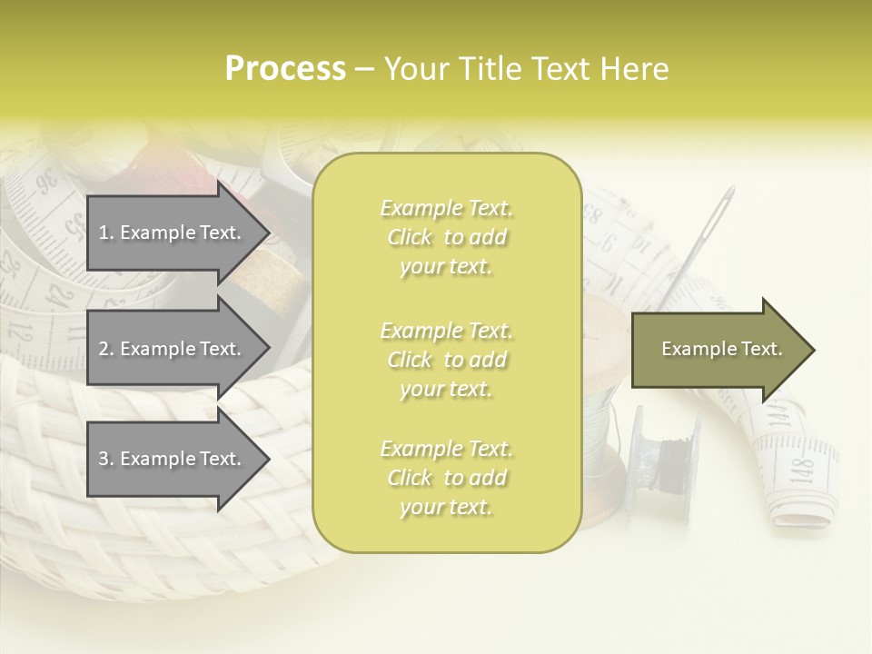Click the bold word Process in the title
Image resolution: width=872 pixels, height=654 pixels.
pyautogui.click(x=285, y=69)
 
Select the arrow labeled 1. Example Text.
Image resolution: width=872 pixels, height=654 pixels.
pyautogui.click(x=173, y=233)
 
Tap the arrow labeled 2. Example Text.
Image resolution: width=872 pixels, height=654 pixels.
pyautogui.click(x=173, y=349)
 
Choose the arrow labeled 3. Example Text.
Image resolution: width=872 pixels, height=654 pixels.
pyautogui.click(x=173, y=459)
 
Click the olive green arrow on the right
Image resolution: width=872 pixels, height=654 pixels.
pyautogui.click(x=718, y=349)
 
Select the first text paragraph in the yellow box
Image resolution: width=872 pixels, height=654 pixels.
pyautogui.click(x=446, y=237)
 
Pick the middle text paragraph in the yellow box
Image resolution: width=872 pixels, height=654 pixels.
pyautogui.click(x=446, y=360)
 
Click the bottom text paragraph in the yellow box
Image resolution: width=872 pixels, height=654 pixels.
pyautogui.click(x=446, y=478)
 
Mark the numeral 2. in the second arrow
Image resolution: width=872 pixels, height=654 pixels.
pyautogui.click(x=106, y=349)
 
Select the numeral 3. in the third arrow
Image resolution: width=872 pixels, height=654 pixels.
pyautogui.click(x=106, y=459)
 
